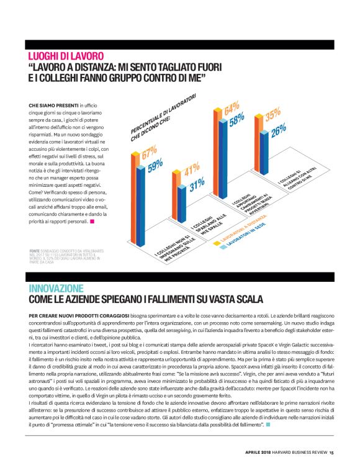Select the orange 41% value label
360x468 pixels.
coord(191,169)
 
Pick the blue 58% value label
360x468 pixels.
coord(236,120)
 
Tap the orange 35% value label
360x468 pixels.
coord(272,116)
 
